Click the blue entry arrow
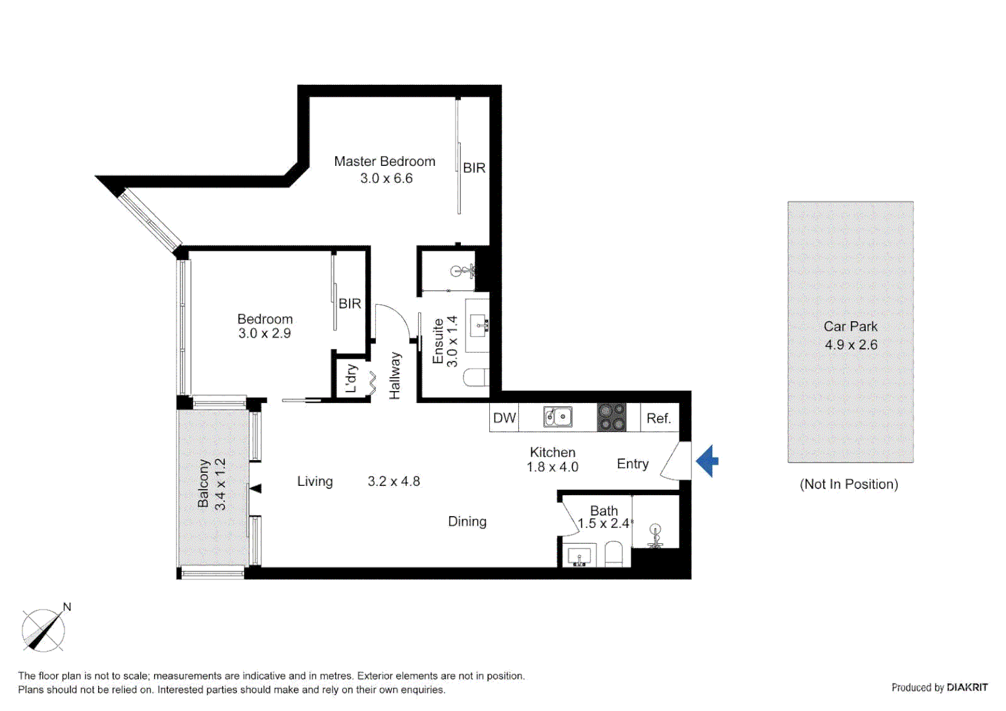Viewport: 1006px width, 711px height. [x=707, y=461]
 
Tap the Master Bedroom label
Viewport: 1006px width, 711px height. [x=384, y=161]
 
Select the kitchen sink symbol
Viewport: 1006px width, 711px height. [x=557, y=417]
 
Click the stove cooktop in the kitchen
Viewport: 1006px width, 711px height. [x=611, y=417]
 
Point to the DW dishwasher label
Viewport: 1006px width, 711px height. [x=504, y=418]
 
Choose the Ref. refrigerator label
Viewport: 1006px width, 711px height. [x=658, y=418]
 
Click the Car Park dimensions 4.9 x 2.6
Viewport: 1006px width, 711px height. [x=851, y=344]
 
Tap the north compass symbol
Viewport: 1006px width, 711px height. [x=43, y=630]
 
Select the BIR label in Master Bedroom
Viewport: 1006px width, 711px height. [x=474, y=168]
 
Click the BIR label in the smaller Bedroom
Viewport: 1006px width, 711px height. [x=350, y=303]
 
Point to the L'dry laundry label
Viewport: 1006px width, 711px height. [x=351, y=378]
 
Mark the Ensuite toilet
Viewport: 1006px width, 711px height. [x=476, y=378]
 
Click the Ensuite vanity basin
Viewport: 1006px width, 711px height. [x=479, y=325]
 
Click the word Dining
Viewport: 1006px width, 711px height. [x=467, y=521]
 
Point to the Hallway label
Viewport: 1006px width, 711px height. [x=394, y=375]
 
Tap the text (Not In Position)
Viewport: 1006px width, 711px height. [x=849, y=484]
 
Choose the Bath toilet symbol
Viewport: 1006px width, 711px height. [x=614, y=554]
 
